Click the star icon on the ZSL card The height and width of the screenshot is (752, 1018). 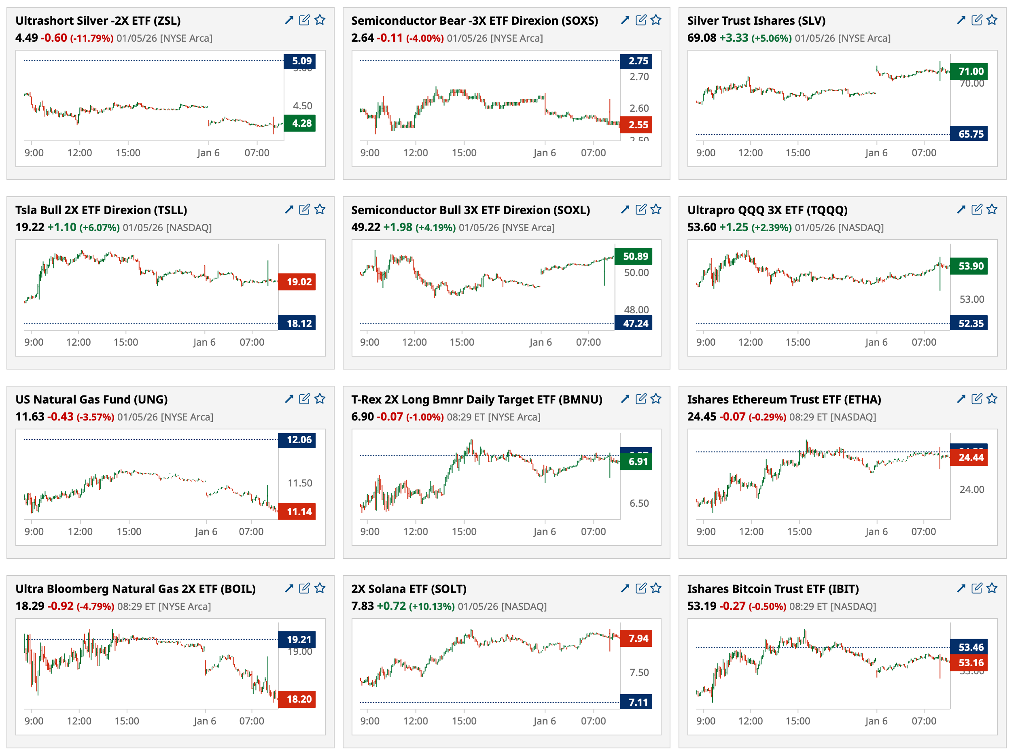click(x=320, y=20)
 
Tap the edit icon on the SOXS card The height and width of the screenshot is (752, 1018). click(x=641, y=20)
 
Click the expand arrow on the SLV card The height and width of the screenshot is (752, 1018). click(x=961, y=20)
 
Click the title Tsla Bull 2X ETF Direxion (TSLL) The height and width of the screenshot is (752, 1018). click(x=101, y=210)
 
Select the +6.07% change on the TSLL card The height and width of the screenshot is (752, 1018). click(x=99, y=227)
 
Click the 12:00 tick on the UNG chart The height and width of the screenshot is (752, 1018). click(x=80, y=532)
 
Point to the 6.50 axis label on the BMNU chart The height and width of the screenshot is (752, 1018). click(x=639, y=503)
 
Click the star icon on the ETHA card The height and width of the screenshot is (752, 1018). click(x=992, y=399)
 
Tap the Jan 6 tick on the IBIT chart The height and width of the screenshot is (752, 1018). click(x=876, y=721)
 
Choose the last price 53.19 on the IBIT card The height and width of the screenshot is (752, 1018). click(x=701, y=606)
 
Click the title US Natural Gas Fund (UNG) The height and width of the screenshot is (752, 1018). click(x=91, y=399)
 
